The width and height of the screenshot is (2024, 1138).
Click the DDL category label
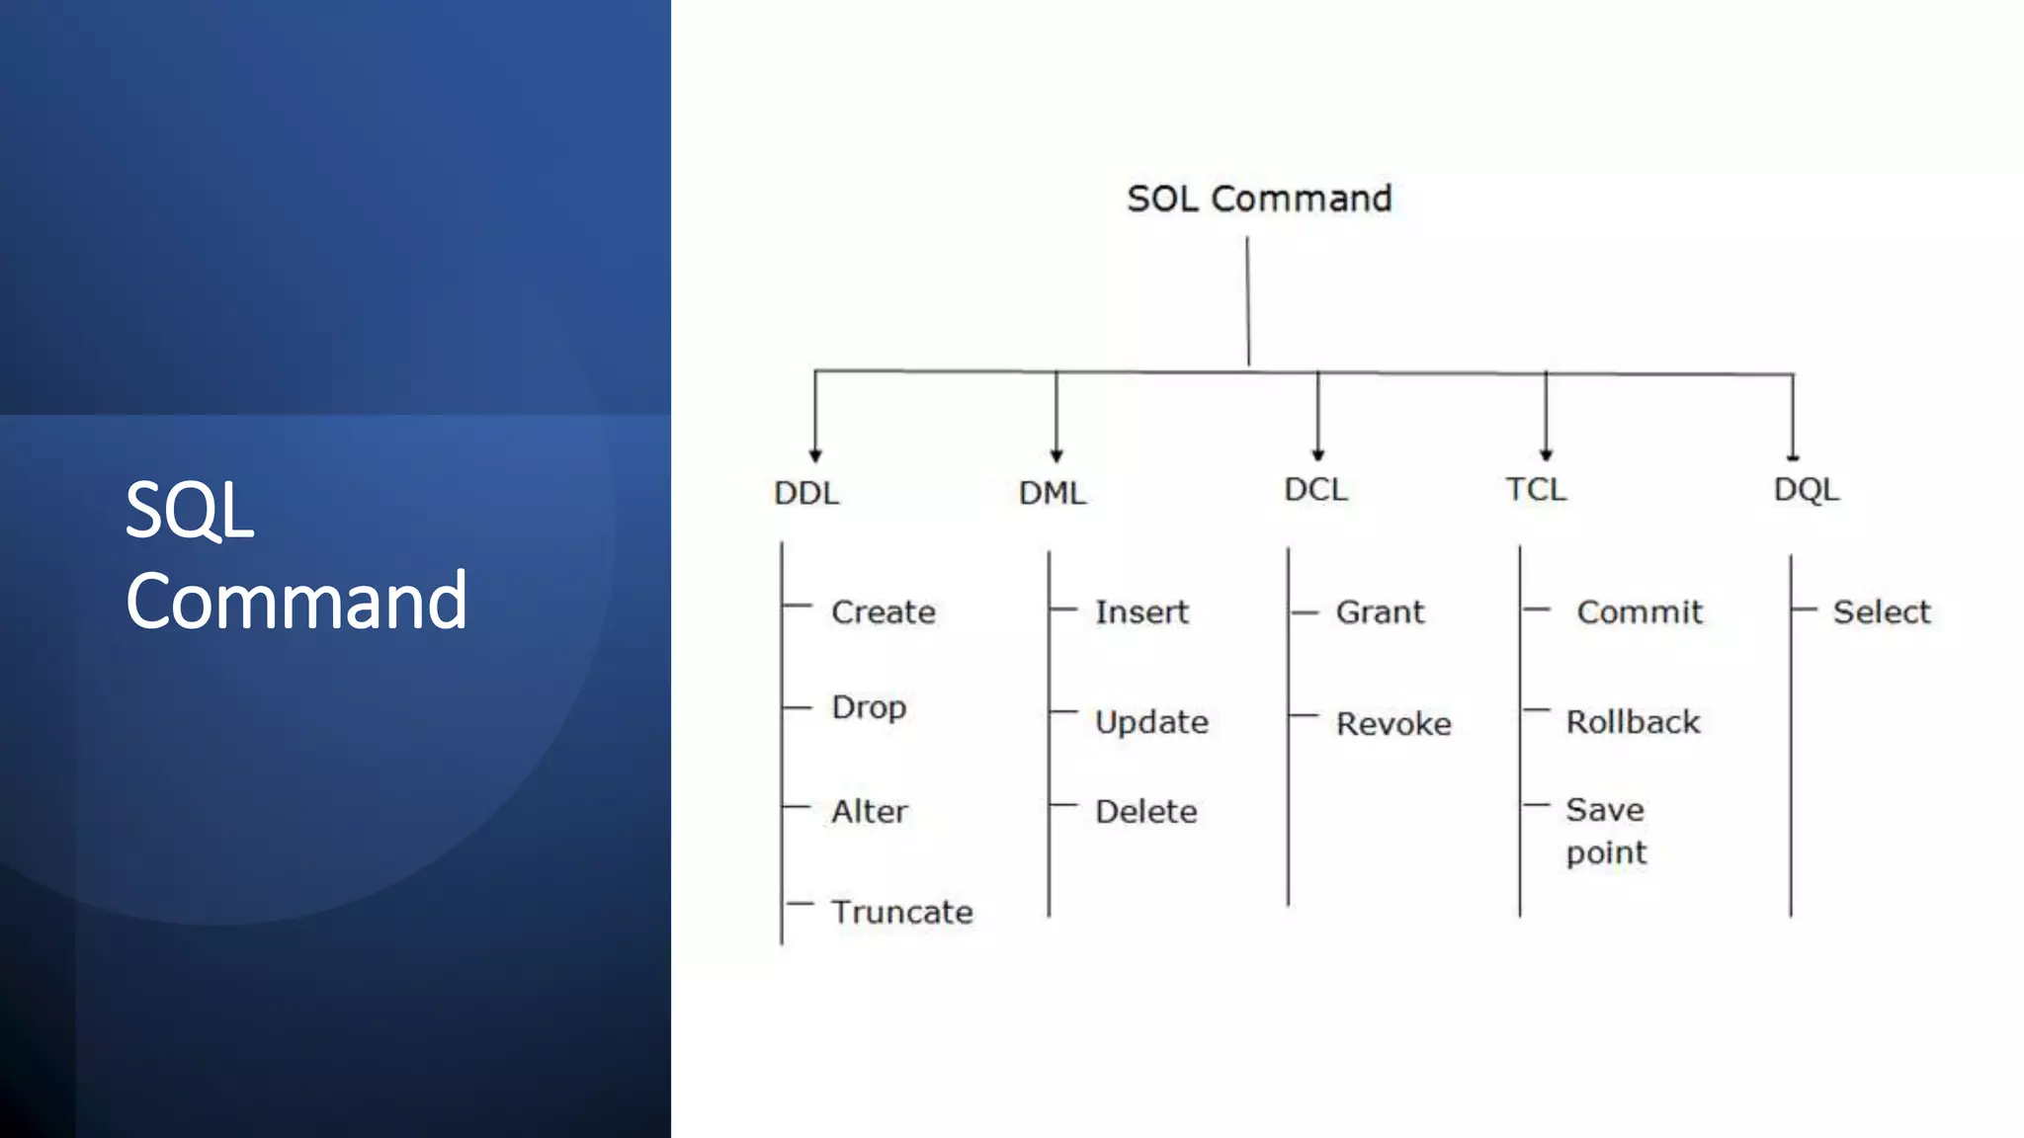point(806,493)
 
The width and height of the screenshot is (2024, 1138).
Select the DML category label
point(1053,493)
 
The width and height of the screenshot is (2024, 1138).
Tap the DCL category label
point(1315,490)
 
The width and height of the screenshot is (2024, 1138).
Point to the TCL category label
point(1536,490)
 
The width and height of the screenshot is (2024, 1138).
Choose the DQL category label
point(1807,490)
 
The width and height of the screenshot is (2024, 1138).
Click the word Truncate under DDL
point(901,912)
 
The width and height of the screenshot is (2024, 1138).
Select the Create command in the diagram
point(883,612)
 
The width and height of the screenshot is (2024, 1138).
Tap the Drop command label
point(869,708)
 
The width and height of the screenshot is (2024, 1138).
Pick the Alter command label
point(869,812)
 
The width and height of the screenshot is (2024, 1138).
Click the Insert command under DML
point(1141,612)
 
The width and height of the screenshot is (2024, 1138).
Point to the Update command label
point(1151,722)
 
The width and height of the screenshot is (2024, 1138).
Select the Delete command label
point(1146,812)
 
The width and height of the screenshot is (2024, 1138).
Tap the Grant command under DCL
point(1380,612)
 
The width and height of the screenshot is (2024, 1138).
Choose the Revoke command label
point(1393,724)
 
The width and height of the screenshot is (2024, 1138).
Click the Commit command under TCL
point(1640,612)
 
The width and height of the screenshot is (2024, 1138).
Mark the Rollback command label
point(1633,722)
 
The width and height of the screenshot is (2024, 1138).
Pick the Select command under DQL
point(1882,612)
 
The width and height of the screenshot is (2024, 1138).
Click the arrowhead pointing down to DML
point(1056,455)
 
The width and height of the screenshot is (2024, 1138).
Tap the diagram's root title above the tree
point(1259,199)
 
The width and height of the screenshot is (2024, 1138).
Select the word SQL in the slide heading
point(190,510)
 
